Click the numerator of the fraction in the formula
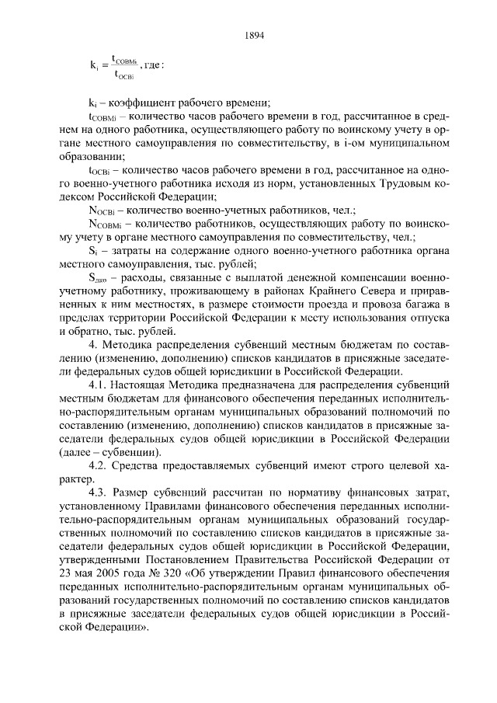point(124,58)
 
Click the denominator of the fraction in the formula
point(124,75)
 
